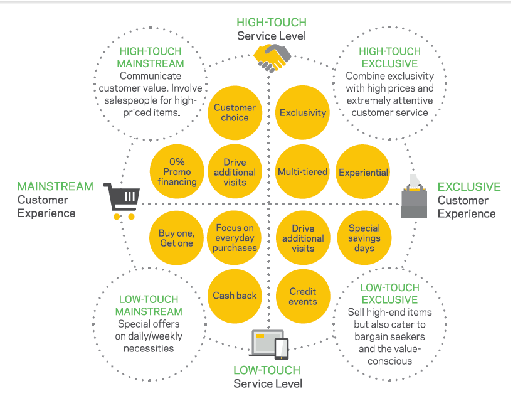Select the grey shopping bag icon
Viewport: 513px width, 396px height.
point(413,196)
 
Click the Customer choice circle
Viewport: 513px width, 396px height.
point(235,112)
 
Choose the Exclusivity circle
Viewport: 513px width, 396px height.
point(303,113)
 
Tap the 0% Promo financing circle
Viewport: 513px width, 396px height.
point(177,172)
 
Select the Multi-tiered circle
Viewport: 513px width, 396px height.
point(303,172)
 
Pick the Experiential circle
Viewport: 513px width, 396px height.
point(364,172)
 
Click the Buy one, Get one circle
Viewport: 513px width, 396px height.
point(177,238)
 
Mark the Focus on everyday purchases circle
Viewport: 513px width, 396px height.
point(235,238)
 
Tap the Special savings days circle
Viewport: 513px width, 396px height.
point(364,238)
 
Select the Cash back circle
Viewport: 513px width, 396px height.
point(235,295)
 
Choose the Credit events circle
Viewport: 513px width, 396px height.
point(303,296)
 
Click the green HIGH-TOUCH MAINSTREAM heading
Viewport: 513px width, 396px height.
point(151,57)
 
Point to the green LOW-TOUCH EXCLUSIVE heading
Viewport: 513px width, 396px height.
point(389,294)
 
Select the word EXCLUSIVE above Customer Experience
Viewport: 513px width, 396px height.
point(468,187)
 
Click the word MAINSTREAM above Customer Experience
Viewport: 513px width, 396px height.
point(55,187)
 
